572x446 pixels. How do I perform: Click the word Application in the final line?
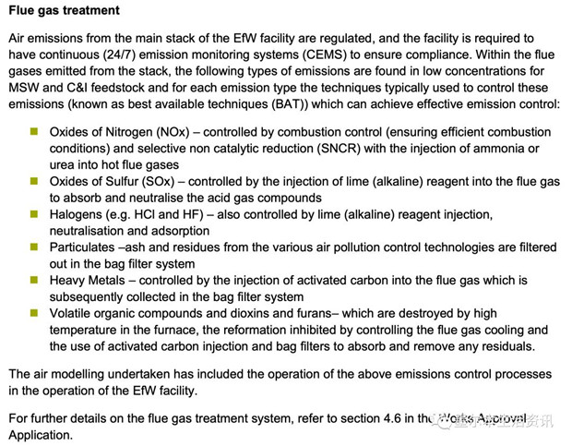pyautogui.click(x=39, y=434)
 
